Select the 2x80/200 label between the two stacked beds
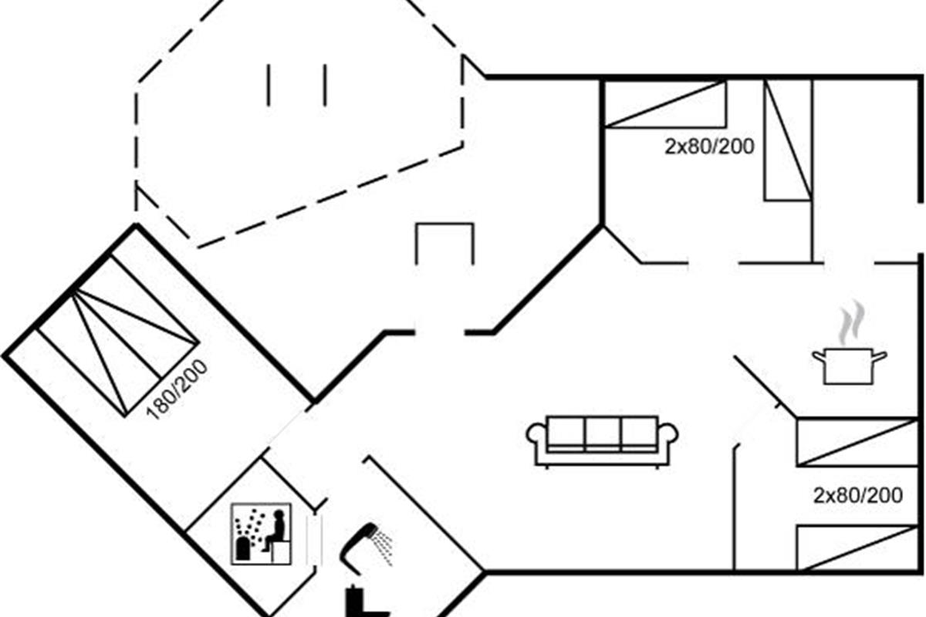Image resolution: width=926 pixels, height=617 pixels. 857,495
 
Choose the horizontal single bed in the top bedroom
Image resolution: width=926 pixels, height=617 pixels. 664,103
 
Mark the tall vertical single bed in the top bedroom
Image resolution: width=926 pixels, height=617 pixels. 788,140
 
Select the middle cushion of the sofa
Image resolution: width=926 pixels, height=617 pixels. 603,433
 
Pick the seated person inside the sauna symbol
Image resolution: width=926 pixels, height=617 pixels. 275,532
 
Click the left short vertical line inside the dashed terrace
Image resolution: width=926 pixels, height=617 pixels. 269,85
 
